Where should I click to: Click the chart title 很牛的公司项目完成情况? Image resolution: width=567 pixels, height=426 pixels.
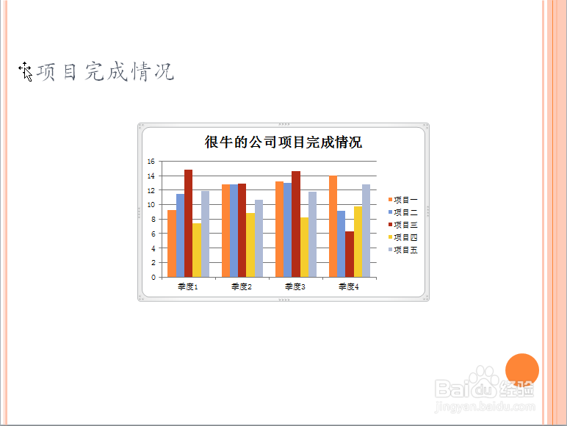(283, 142)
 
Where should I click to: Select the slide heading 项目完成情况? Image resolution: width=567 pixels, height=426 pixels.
(106, 71)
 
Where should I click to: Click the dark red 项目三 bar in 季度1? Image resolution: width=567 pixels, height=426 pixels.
(189, 223)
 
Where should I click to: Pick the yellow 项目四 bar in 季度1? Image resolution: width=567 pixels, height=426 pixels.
(197, 250)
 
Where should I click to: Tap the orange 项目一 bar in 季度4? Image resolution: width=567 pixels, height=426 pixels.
(333, 226)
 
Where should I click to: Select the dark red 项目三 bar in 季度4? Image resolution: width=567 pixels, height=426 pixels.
(350, 254)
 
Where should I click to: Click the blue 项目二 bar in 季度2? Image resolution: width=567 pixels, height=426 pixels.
(234, 231)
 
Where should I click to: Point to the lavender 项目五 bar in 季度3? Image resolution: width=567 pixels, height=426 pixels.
(312, 234)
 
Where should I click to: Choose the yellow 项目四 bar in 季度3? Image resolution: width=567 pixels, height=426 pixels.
(305, 248)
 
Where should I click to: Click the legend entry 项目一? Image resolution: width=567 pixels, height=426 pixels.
(402, 200)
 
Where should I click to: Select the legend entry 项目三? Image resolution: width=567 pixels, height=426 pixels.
(402, 225)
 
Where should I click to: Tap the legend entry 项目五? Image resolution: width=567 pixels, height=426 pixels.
(402, 250)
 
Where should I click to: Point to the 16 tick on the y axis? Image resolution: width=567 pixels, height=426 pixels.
(151, 162)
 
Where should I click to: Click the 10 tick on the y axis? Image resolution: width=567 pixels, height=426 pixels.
(151, 205)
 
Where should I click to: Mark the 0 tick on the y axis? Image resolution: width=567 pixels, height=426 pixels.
(154, 278)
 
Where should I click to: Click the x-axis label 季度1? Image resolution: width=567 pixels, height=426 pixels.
(188, 286)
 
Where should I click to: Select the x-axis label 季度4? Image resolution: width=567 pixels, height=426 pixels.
(349, 286)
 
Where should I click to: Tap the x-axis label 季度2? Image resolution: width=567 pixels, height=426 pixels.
(241, 286)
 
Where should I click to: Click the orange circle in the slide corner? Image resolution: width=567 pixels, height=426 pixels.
(522, 370)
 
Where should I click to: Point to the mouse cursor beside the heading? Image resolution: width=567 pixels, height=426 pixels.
(26, 71)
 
